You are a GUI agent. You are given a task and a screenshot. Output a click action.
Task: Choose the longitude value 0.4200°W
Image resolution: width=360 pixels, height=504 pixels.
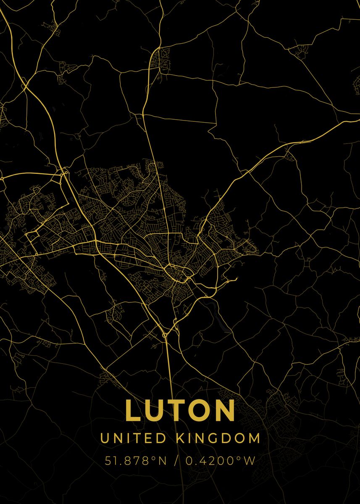(221, 461)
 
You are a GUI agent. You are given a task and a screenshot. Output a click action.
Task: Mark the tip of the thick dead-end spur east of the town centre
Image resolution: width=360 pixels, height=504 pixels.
(237, 278)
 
